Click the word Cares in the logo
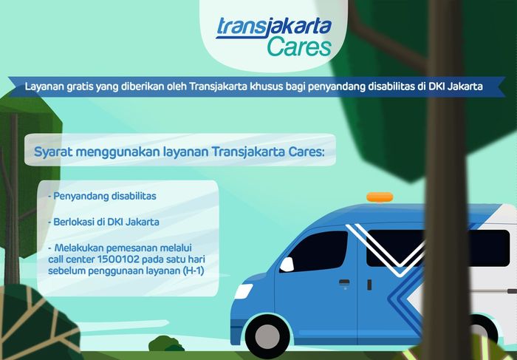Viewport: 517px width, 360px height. (x=294, y=47)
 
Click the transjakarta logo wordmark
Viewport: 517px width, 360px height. (x=273, y=26)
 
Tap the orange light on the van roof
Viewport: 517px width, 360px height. (x=380, y=197)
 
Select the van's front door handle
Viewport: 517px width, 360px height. (x=344, y=282)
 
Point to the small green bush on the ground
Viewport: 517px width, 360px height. (x=166, y=344)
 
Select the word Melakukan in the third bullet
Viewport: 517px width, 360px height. (x=78, y=247)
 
